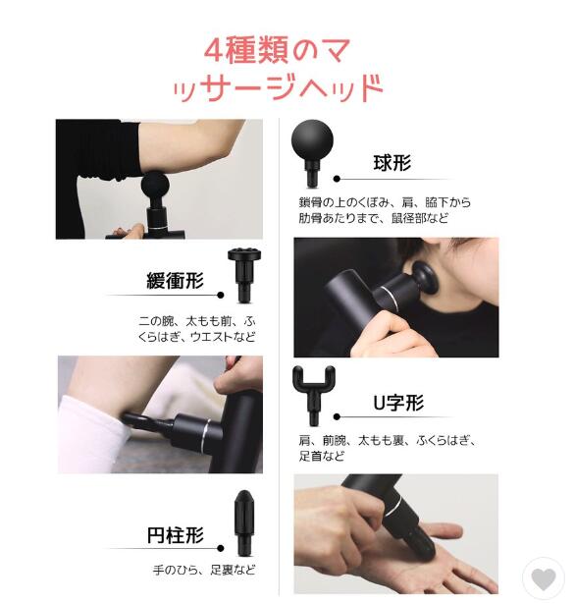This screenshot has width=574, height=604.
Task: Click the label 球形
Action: [392, 163]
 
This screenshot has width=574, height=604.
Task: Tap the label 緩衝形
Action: [175, 280]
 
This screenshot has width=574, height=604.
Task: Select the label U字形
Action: [398, 403]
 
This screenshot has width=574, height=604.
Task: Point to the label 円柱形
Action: [176, 535]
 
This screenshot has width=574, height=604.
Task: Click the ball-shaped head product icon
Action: [312, 153]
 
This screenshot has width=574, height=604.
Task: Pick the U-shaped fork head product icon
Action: [314, 395]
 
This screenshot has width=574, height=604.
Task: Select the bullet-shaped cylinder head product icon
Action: [243, 522]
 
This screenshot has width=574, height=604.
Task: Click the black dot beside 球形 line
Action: [337, 179]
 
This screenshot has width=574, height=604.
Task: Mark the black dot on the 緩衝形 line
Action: [221, 295]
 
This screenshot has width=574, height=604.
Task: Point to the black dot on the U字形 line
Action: [337, 416]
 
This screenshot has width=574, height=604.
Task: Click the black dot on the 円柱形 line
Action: [221, 548]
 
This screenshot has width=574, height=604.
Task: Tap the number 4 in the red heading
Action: [213, 51]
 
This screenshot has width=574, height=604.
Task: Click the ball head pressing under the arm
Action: [155, 186]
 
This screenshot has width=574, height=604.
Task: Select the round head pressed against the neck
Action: [425, 281]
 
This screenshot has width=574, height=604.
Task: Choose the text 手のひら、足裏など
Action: [204, 570]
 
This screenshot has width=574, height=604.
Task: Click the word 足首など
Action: [322, 456]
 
